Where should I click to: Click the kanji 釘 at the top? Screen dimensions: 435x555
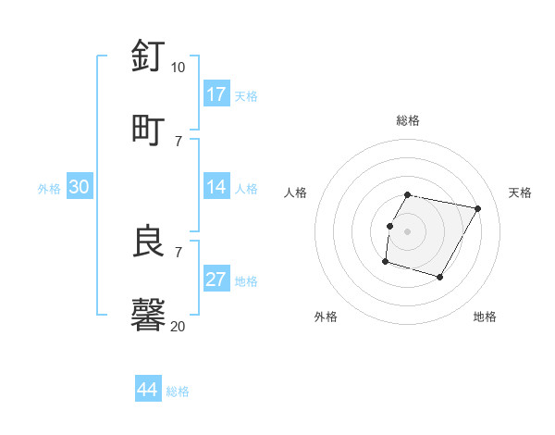pyautogui.click(x=149, y=56)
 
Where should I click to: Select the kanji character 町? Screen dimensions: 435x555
pyautogui.click(x=149, y=129)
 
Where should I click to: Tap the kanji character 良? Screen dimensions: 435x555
pyautogui.click(x=149, y=242)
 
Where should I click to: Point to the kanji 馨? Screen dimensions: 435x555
pyautogui.click(x=149, y=315)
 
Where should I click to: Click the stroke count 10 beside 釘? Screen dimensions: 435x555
pyautogui.click(x=178, y=68)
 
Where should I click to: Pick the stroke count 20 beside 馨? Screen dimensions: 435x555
pyautogui.click(x=178, y=326)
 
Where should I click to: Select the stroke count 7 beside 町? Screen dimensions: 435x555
pyautogui.click(x=179, y=141)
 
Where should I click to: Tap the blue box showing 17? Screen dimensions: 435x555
pyautogui.click(x=216, y=94)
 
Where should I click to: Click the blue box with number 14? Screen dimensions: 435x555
pyautogui.click(x=216, y=187)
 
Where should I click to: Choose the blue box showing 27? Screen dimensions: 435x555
pyautogui.click(x=216, y=280)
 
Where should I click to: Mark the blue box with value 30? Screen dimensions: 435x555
pyautogui.click(x=80, y=187)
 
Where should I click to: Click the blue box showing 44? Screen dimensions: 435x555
pyautogui.click(x=148, y=391)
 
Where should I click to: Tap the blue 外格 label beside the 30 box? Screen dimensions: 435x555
pyautogui.click(x=49, y=188)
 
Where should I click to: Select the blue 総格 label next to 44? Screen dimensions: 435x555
pyautogui.click(x=178, y=391)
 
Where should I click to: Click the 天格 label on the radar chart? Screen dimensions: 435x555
pyautogui.click(x=520, y=193)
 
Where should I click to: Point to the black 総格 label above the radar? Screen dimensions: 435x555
pyautogui.click(x=408, y=120)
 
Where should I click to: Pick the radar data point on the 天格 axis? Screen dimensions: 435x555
pyautogui.click(x=478, y=208)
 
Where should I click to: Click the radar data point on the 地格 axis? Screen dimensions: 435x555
pyautogui.click(x=440, y=278)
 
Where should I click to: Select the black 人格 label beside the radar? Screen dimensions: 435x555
pyautogui.click(x=296, y=193)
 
